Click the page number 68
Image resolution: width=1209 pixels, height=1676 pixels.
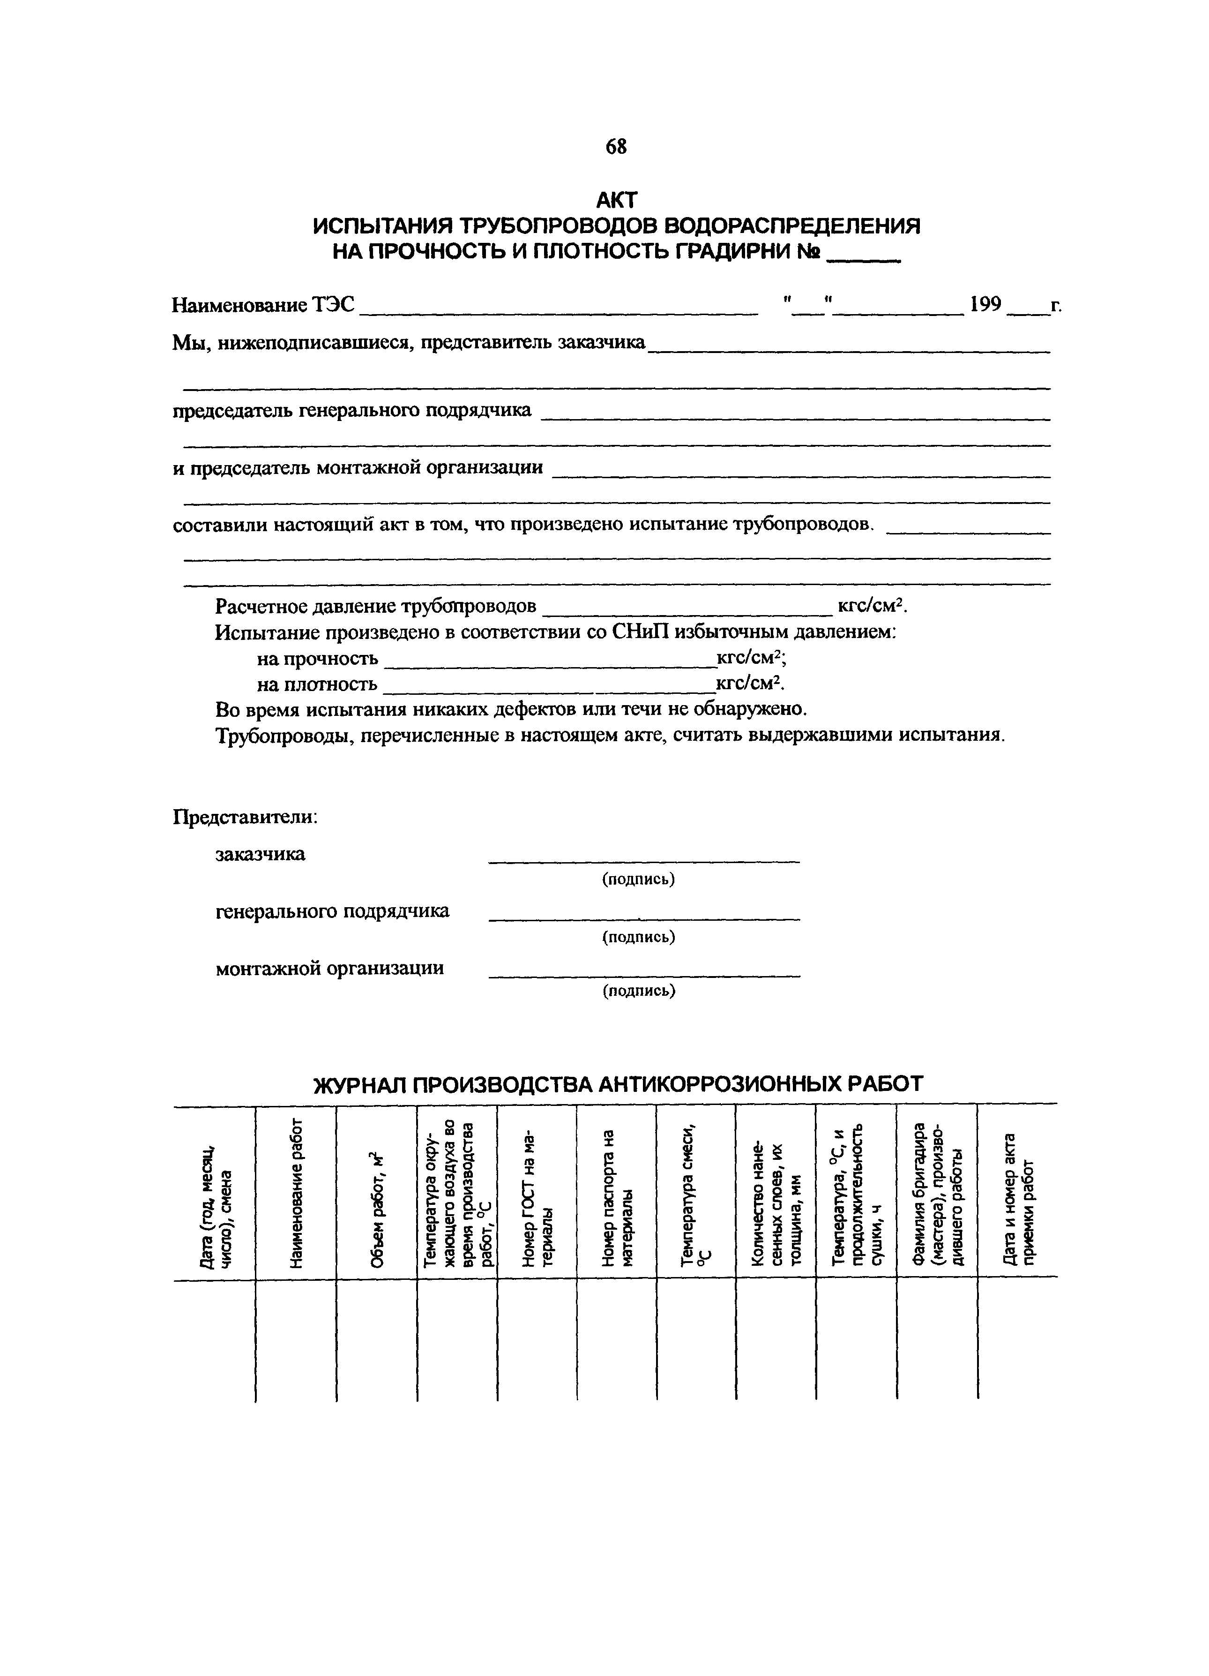[x=615, y=147]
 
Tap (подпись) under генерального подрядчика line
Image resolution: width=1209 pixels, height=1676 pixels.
[x=638, y=937]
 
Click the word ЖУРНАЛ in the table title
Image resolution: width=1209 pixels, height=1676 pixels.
[x=359, y=1083]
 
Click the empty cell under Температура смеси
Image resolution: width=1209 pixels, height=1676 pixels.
[x=696, y=1338]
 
